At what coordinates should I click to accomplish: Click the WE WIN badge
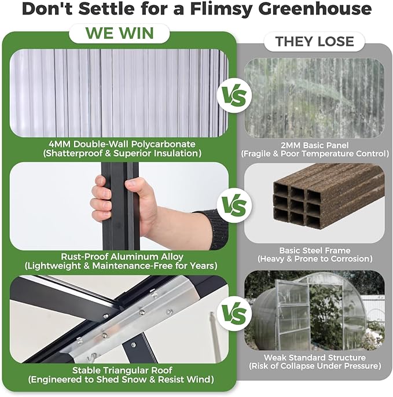(x=119, y=33)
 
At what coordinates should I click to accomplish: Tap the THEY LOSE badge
(x=314, y=42)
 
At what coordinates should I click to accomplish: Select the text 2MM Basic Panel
(x=314, y=144)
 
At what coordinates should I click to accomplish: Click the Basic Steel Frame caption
(x=314, y=251)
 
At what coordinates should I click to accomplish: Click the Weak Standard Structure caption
(x=314, y=357)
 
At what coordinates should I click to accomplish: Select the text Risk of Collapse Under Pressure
(x=314, y=366)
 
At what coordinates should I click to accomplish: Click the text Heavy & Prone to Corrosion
(x=314, y=259)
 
